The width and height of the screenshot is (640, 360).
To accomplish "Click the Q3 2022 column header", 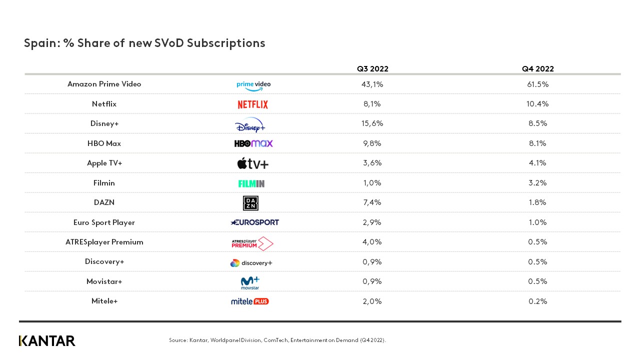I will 372,69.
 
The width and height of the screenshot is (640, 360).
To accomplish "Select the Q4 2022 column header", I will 538,69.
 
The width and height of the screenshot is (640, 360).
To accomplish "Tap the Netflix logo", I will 252,104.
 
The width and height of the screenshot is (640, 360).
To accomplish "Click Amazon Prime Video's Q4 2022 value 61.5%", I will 538,84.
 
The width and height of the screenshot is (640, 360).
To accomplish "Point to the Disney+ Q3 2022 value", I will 372,123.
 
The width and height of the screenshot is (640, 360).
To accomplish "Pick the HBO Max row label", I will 104,143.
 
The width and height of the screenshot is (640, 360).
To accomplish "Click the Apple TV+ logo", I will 252,163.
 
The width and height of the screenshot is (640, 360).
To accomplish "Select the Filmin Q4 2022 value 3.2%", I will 538,183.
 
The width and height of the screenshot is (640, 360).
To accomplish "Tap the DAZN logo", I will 250,203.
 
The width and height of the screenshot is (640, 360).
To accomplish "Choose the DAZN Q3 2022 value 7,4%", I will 372,202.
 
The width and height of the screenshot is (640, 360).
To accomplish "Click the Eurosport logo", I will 254,222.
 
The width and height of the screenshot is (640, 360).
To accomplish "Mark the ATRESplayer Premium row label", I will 104,242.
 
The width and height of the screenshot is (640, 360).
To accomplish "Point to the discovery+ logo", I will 251,263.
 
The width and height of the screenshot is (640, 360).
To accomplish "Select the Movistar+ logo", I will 250,282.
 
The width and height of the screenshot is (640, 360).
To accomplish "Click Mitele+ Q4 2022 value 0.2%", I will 538,301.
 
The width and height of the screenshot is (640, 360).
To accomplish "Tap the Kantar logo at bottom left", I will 47,341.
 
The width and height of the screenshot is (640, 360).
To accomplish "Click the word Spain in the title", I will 41,43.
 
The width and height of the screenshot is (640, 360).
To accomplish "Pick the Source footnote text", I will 277,340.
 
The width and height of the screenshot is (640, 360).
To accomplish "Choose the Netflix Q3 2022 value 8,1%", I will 372,104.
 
